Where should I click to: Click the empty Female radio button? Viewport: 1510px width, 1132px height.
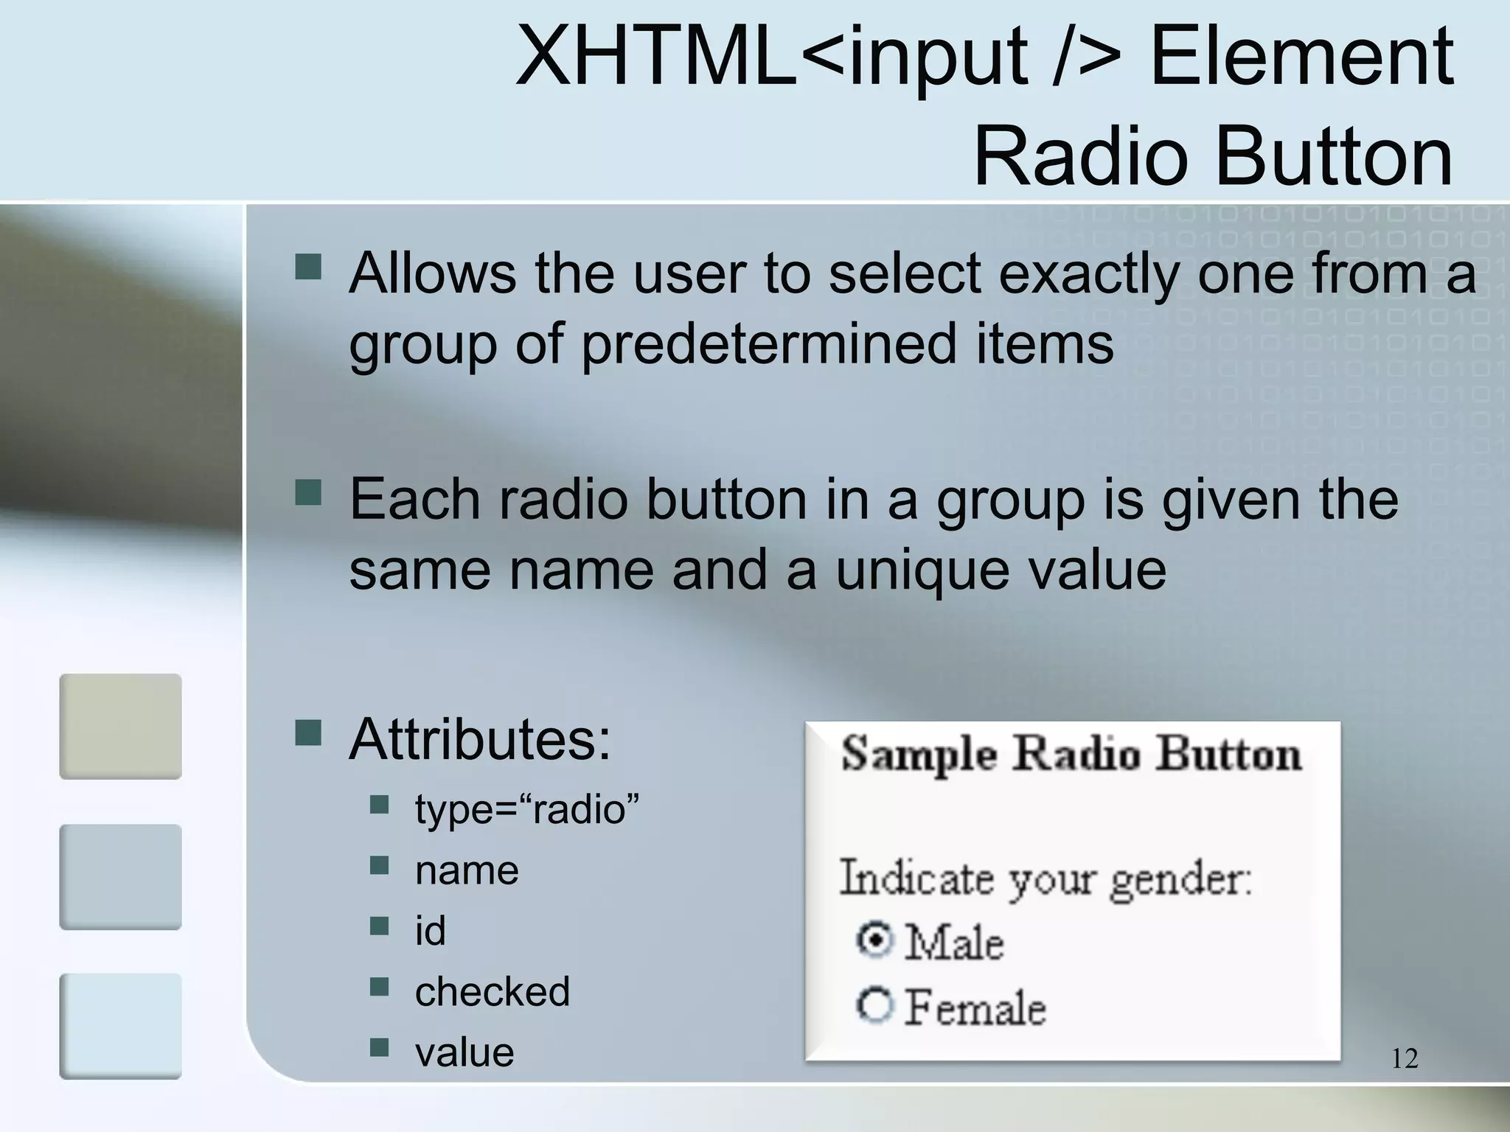[x=874, y=1005]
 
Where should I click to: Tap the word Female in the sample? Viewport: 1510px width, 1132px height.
[x=975, y=1007]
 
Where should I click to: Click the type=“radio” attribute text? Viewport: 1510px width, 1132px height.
[x=526, y=809]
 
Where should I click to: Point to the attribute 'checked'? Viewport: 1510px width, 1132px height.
[x=493, y=991]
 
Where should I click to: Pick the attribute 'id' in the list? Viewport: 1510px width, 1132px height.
[x=430, y=931]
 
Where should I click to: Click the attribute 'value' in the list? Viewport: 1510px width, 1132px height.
[x=465, y=1052]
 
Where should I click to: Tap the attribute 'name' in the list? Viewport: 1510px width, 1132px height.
[x=467, y=870]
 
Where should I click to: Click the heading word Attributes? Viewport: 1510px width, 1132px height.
[x=480, y=739]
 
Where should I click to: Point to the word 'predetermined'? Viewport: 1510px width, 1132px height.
[x=770, y=343]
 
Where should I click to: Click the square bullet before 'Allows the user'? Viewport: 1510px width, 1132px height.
[x=308, y=267]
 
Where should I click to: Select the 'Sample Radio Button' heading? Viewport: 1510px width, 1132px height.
[x=1071, y=755]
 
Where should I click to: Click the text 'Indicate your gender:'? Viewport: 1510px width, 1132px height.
[x=1045, y=879]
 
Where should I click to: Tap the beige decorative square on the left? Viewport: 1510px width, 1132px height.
[x=120, y=726]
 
